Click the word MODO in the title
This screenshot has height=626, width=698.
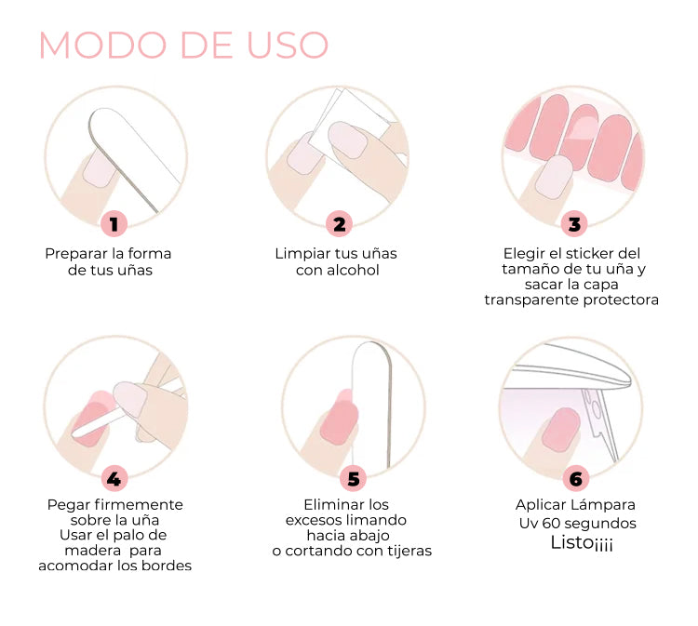(x=102, y=45)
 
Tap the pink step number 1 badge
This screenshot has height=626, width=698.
(x=114, y=224)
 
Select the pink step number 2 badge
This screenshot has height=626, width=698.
(x=339, y=224)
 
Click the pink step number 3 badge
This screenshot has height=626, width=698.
(x=574, y=224)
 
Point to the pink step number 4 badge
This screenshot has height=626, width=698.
(x=114, y=479)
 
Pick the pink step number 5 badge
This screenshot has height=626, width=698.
(x=353, y=479)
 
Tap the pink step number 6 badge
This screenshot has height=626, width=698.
(x=575, y=479)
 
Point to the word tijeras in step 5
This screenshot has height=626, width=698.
(x=409, y=551)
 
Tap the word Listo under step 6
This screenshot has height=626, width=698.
(x=572, y=542)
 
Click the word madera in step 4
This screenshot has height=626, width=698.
(x=93, y=551)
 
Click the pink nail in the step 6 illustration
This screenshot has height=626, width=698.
(x=561, y=429)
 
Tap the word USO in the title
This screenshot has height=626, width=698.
(x=288, y=45)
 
